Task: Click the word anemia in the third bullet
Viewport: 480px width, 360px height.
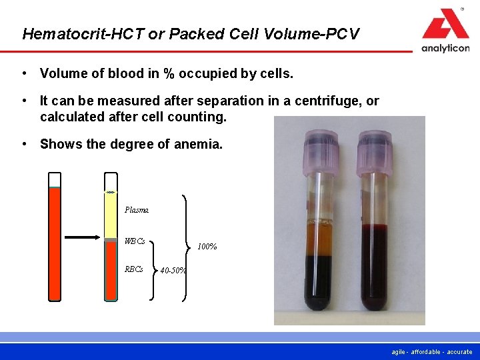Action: (x=200, y=144)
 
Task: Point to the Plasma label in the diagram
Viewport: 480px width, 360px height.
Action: (x=136, y=210)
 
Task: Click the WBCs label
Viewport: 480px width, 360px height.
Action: (x=135, y=241)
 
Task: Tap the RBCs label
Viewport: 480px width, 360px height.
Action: (x=133, y=269)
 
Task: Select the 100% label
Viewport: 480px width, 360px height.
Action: (x=207, y=247)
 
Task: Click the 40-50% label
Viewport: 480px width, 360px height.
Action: (x=173, y=271)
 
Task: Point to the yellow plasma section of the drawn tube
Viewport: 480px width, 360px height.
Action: (x=110, y=213)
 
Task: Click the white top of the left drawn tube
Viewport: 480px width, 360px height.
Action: (x=55, y=179)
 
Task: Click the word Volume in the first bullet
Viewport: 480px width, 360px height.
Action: (x=62, y=73)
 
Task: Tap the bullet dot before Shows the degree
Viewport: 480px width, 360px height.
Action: (x=23, y=144)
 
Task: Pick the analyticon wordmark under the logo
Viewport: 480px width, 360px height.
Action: (x=445, y=48)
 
